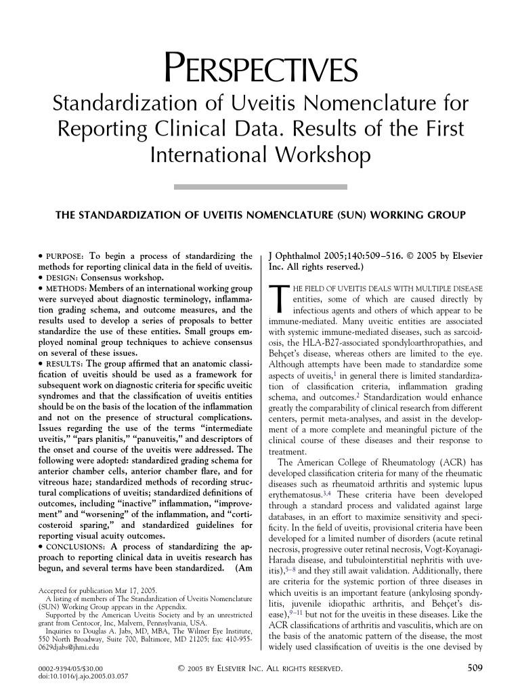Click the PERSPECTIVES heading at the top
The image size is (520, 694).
(x=259, y=70)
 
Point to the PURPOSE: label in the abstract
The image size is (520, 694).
(x=64, y=257)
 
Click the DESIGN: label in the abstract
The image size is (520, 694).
(x=60, y=278)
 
